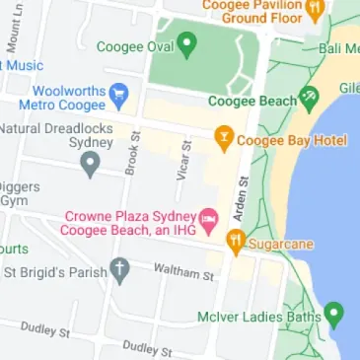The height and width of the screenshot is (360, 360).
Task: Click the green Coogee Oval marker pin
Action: (187, 45)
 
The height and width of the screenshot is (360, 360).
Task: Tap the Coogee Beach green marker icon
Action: (310, 97)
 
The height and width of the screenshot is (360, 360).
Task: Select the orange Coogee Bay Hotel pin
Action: (224, 139)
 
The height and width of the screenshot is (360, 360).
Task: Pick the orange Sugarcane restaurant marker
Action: (235, 240)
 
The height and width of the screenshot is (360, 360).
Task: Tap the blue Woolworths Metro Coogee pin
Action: (119, 95)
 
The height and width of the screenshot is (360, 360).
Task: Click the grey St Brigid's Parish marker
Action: (119, 269)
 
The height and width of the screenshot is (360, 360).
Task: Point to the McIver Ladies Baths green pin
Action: (334, 316)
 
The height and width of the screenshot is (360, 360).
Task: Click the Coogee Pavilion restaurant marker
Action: (315, 9)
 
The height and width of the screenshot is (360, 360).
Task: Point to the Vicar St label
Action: (184, 158)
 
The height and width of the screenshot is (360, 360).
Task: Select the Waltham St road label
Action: (183, 271)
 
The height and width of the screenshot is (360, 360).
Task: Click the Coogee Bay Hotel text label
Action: (292, 140)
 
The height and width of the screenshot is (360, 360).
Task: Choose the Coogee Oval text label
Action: (135, 46)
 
